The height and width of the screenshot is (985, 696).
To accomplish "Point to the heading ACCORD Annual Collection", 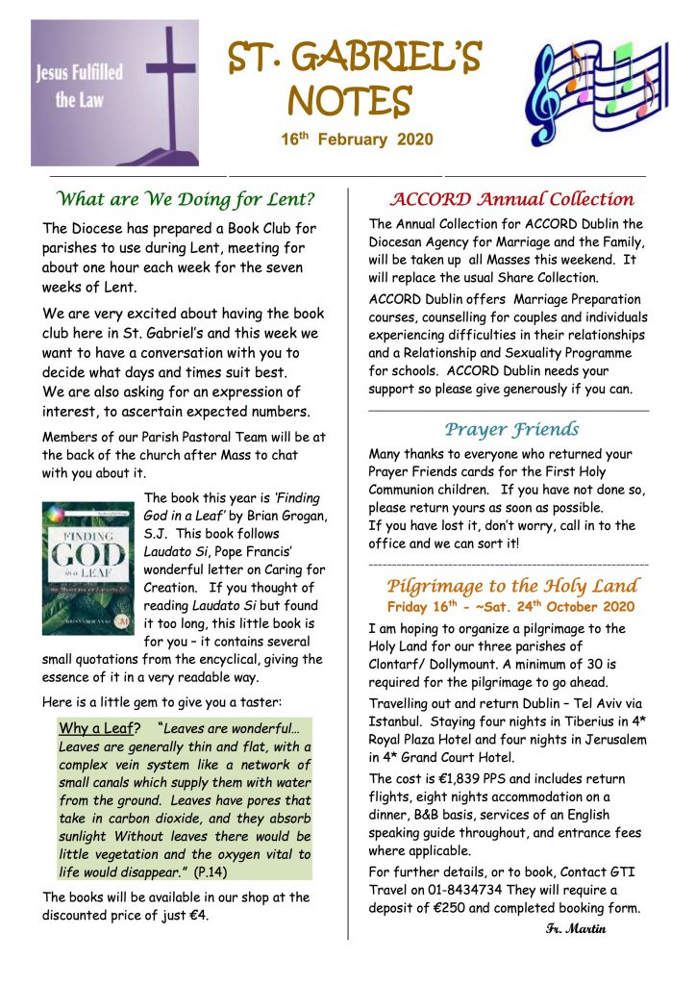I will coord(510,200).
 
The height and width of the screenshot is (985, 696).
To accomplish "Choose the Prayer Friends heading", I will coord(510,429).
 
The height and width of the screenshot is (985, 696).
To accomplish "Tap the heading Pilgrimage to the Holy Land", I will coord(510,586).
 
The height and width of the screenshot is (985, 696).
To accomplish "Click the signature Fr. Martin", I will coord(575,928).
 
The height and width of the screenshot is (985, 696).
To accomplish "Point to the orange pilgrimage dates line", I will coord(510,607).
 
